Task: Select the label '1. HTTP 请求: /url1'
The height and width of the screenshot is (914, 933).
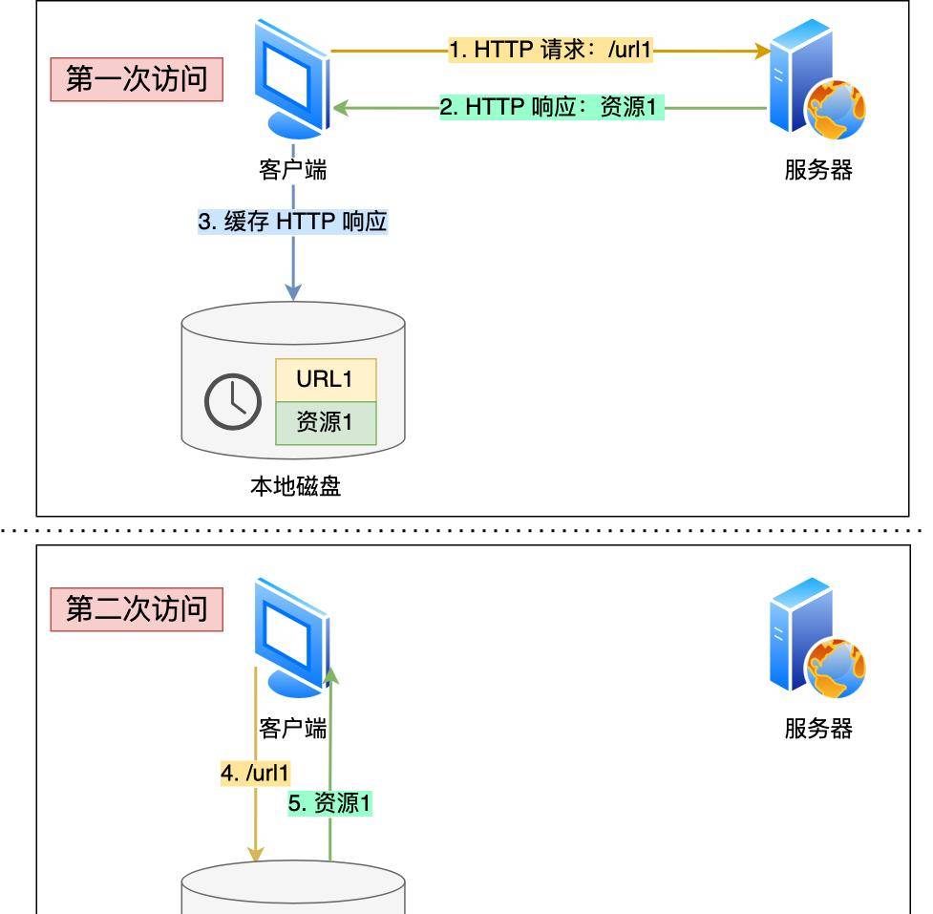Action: click(551, 51)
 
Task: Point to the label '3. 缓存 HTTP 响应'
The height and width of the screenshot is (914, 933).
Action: click(292, 222)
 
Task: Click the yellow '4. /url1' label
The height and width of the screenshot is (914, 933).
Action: click(255, 772)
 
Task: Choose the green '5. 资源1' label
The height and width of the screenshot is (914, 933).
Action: click(330, 804)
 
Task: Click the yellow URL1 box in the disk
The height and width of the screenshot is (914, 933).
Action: click(325, 379)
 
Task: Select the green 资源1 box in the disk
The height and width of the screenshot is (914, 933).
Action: click(325, 423)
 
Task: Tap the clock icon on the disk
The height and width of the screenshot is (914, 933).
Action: click(233, 401)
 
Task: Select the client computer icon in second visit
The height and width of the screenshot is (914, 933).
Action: click(292, 635)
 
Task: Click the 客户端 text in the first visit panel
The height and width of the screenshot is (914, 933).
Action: click(292, 170)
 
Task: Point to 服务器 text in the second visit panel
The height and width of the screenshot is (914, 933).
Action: click(818, 729)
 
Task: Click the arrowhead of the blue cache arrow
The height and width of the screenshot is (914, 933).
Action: click(293, 290)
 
